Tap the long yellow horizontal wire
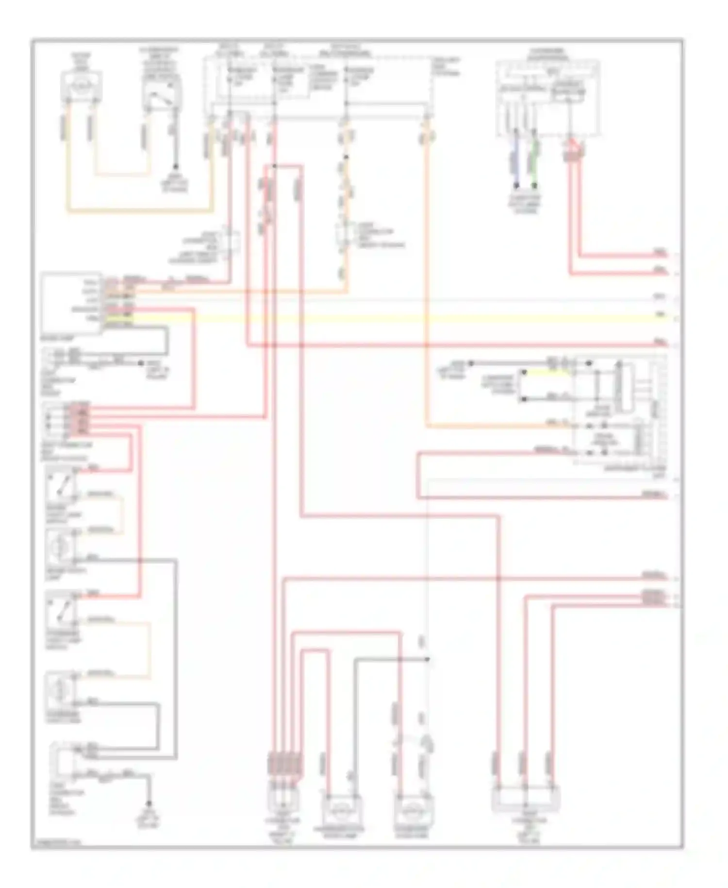(388, 319)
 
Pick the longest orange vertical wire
(427, 291)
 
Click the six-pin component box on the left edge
(71, 303)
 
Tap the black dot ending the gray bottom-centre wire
(428, 659)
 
